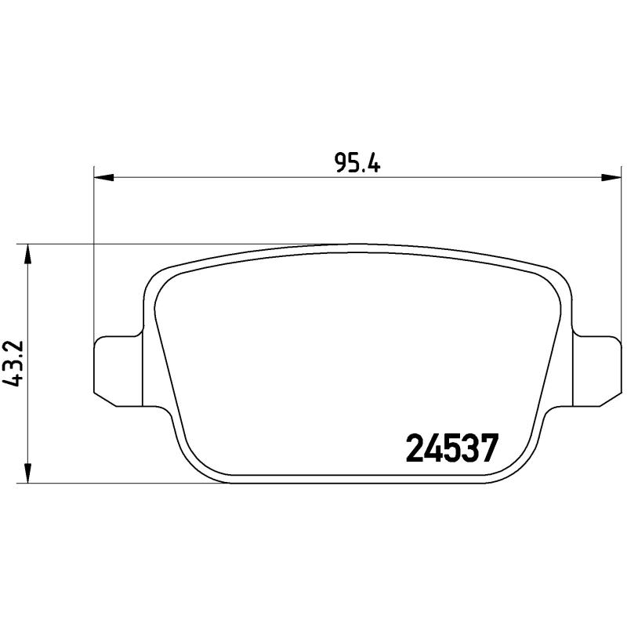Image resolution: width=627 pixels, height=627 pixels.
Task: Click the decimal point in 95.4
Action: (x=361, y=170)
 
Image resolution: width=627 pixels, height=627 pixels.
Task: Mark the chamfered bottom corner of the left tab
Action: (x=105, y=399)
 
